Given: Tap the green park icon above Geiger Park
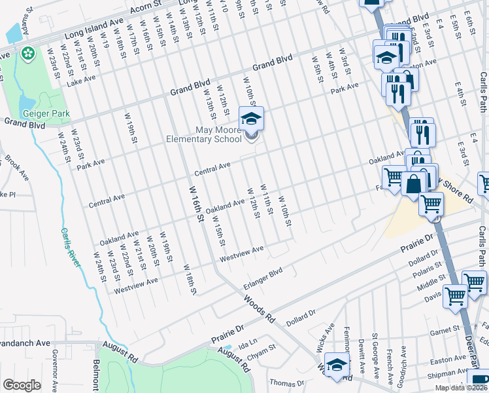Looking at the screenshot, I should pyautogui.click(x=27, y=52).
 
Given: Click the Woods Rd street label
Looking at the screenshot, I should pyautogui.click(x=260, y=309).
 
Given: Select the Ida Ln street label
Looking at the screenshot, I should pyautogui.click(x=248, y=342).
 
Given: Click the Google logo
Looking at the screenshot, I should pyautogui.click(x=22, y=386).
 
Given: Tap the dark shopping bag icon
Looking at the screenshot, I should pyautogui.click(x=414, y=185).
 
